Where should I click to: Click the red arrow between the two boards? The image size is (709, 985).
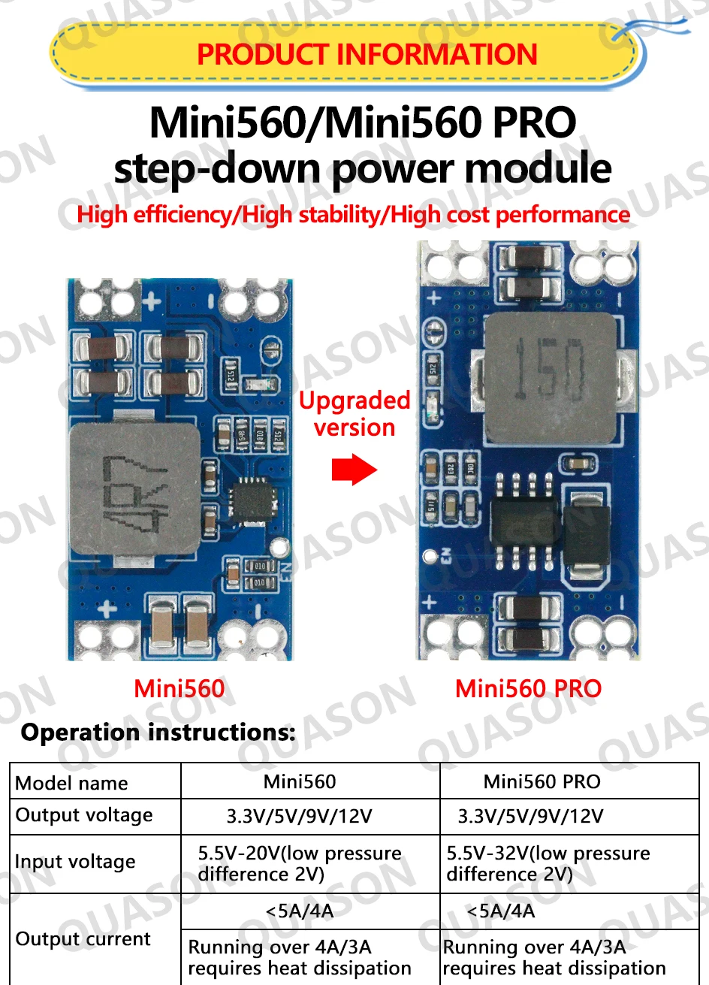point(354,470)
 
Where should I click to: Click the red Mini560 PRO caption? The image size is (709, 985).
point(528,689)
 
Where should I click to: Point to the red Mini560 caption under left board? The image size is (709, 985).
point(179,689)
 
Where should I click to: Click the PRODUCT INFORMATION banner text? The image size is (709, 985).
point(367,55)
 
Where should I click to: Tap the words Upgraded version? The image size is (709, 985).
point(354,414)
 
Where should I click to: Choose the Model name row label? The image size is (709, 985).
point(71,783)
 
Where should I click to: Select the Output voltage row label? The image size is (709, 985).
point(84,815)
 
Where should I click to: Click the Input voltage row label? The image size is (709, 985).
point(75,862)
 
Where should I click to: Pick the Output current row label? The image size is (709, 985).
point(83,939)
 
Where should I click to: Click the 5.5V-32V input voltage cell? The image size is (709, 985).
point(548,864)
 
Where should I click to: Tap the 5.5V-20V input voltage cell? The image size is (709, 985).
point(300,864)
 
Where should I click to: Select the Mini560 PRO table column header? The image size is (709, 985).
point(542,782)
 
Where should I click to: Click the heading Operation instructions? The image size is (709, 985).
point(158,732)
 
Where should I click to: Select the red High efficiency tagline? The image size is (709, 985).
point(353,215)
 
